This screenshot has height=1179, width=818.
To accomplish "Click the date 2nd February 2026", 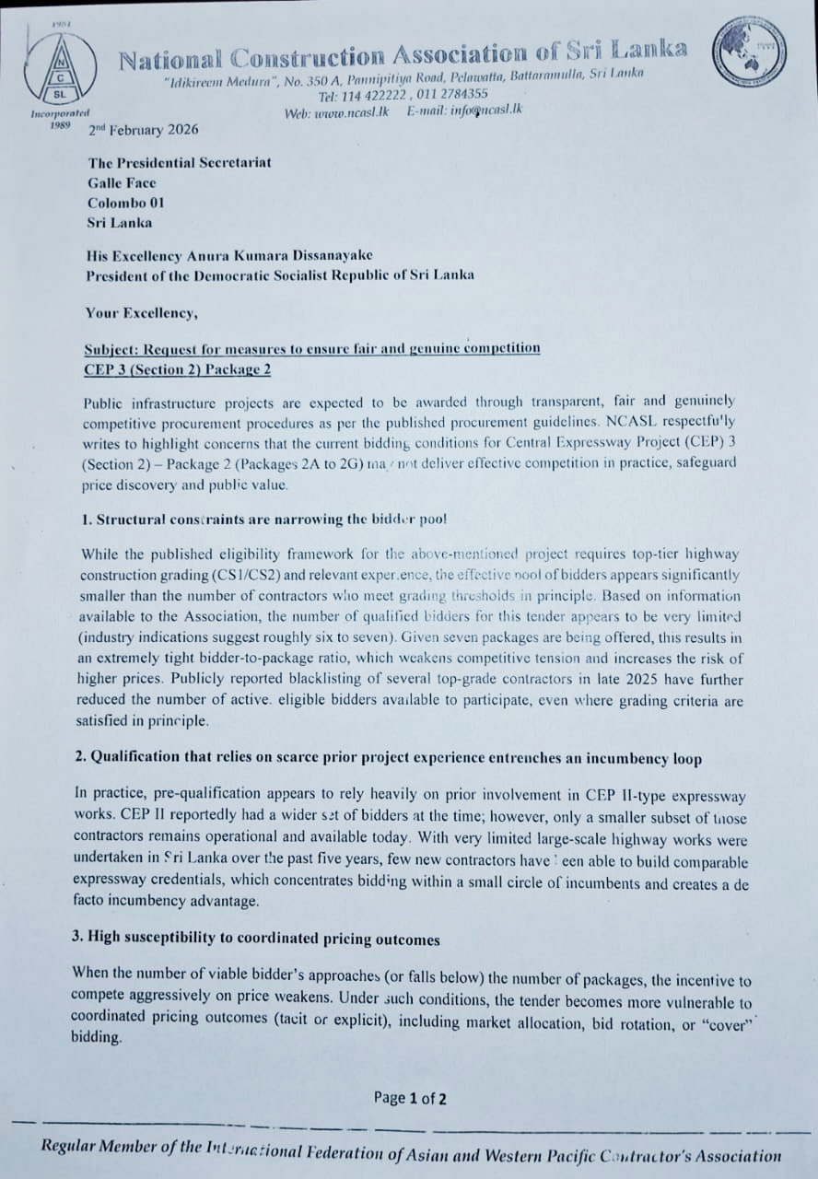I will (143, 130).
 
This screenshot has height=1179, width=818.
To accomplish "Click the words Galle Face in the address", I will (123, 182).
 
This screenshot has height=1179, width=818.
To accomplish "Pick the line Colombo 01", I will (126, 203).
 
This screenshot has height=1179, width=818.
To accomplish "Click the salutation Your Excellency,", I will (141, 313).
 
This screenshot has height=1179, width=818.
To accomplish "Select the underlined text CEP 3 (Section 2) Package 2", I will (177, 370).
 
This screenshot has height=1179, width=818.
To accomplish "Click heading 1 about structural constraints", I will (264, 519).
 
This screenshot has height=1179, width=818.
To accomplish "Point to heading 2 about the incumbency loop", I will (388, 758).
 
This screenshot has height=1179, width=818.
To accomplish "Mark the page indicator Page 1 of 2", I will (410, 1098).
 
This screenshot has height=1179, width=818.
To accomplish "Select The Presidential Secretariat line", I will (180, 163).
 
